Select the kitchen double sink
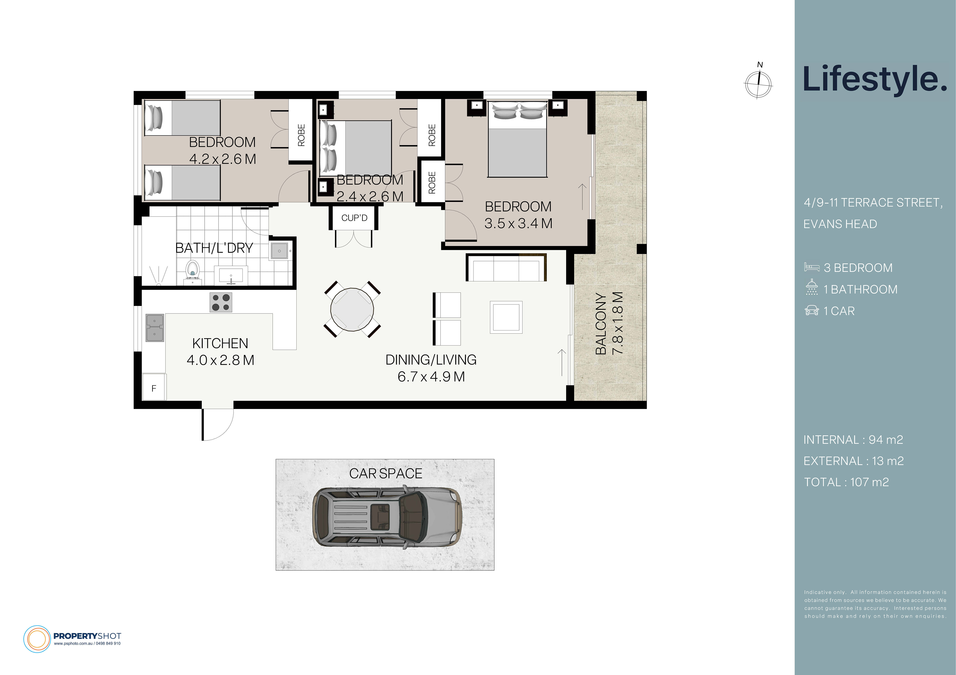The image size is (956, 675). pos(154,328)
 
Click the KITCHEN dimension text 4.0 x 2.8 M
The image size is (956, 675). pos(220,360)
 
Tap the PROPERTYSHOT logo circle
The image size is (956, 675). pos(37,639)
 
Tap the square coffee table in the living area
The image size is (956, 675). pos(506,317)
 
